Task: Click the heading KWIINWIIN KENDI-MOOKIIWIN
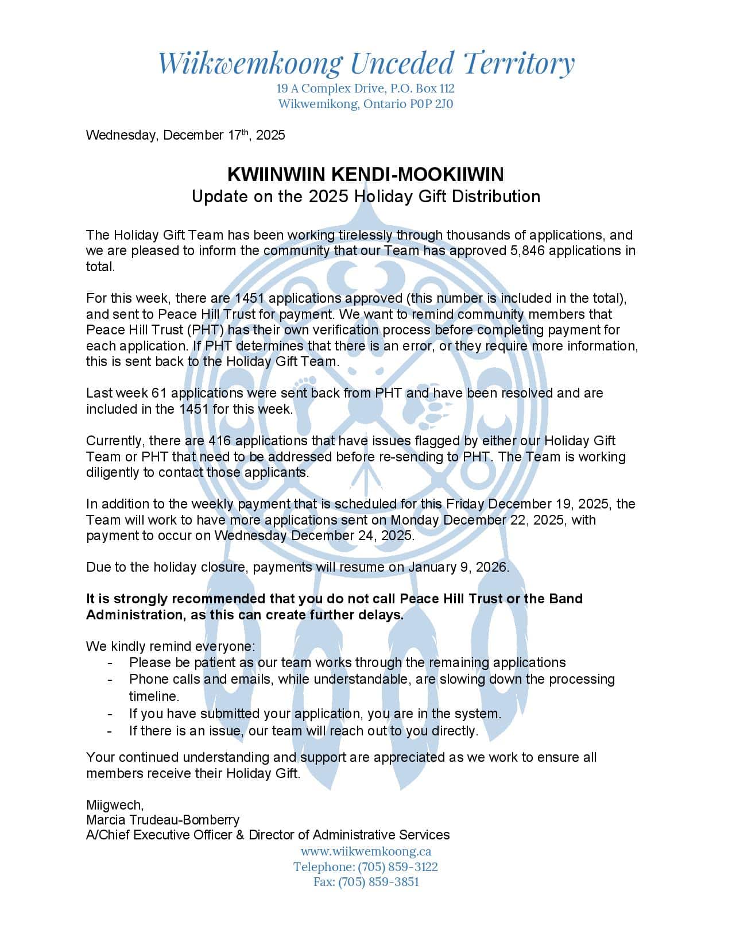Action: click(366, 174)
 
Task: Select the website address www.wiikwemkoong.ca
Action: click(366, 851)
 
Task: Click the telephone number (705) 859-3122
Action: click(397, 866)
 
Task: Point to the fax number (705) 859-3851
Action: click(378, 882)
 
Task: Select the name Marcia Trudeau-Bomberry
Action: click(162, 819)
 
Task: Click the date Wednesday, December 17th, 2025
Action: click(185, 135)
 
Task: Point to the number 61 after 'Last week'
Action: click(158, 393)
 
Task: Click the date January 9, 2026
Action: click(458, 567)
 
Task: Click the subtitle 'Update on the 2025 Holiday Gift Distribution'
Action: click(366, 196)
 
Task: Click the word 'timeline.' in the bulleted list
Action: click(154, 696)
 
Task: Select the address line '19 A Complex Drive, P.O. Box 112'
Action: click(366, 88)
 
